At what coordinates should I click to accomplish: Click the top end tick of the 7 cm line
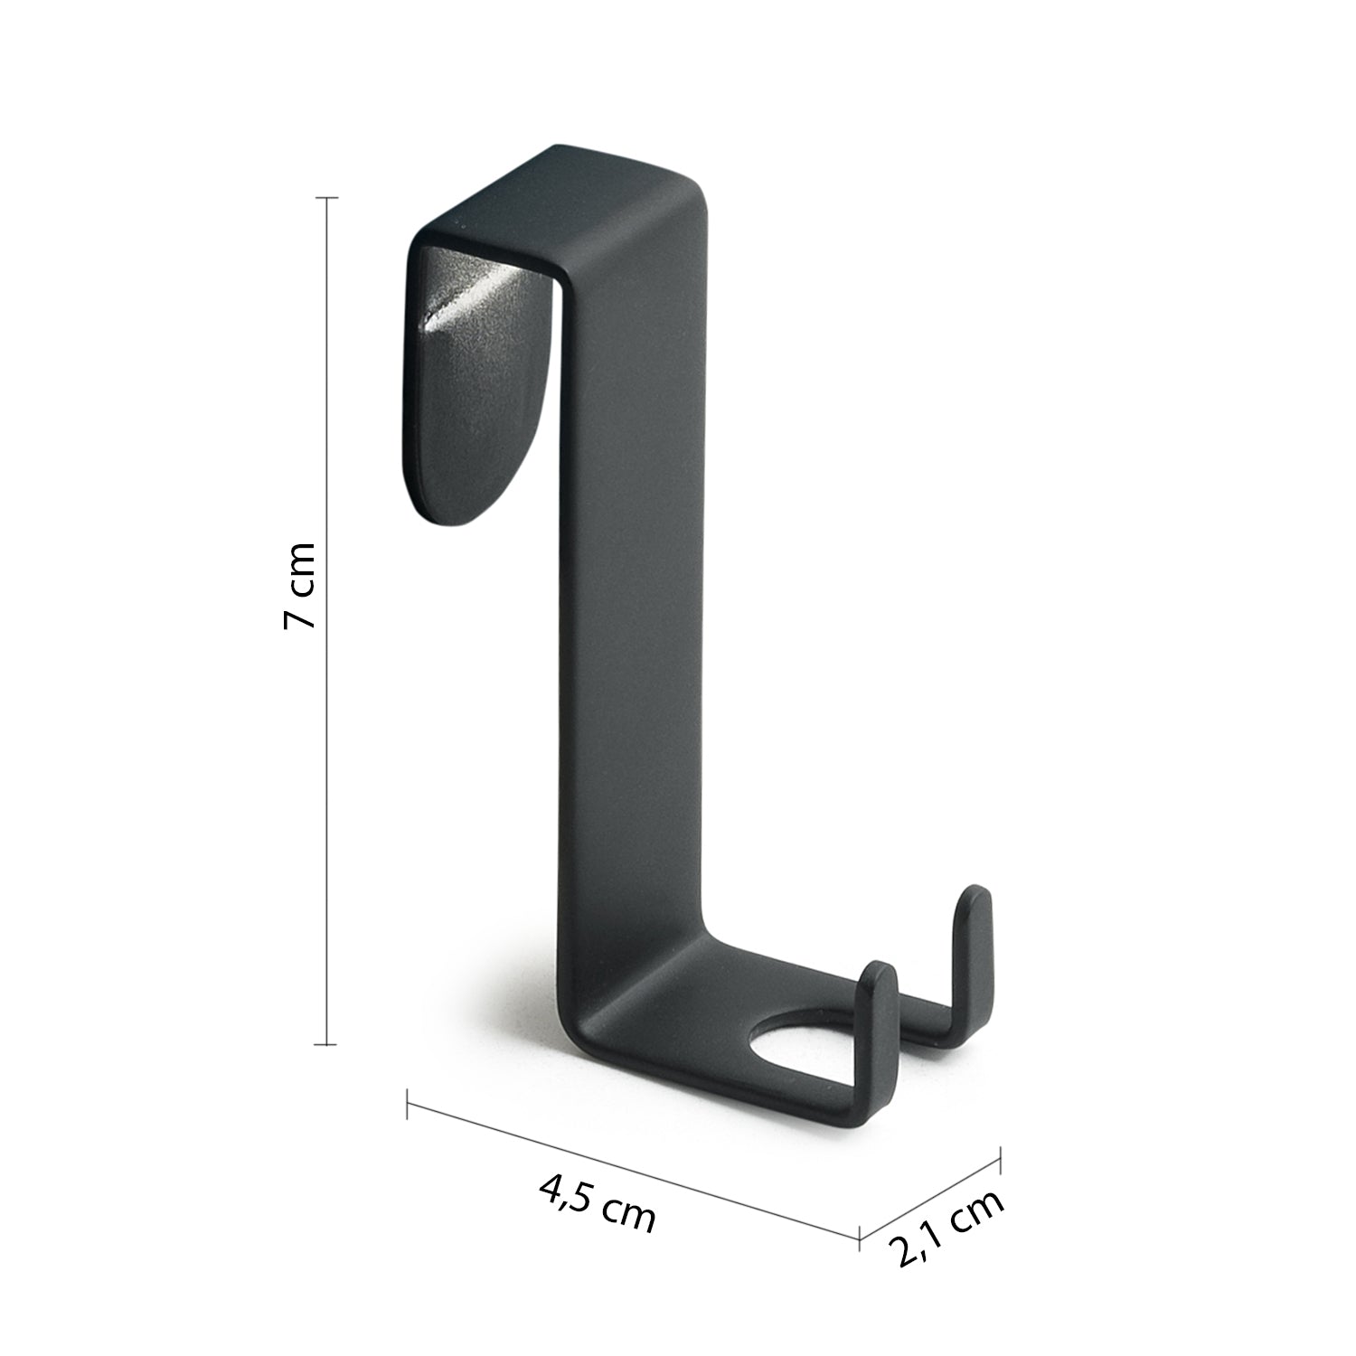(325, 197)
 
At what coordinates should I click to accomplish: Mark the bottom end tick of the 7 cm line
(325, 1044)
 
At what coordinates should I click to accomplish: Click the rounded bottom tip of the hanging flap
(452, 511)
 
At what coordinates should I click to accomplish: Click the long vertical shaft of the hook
(633, 588)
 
